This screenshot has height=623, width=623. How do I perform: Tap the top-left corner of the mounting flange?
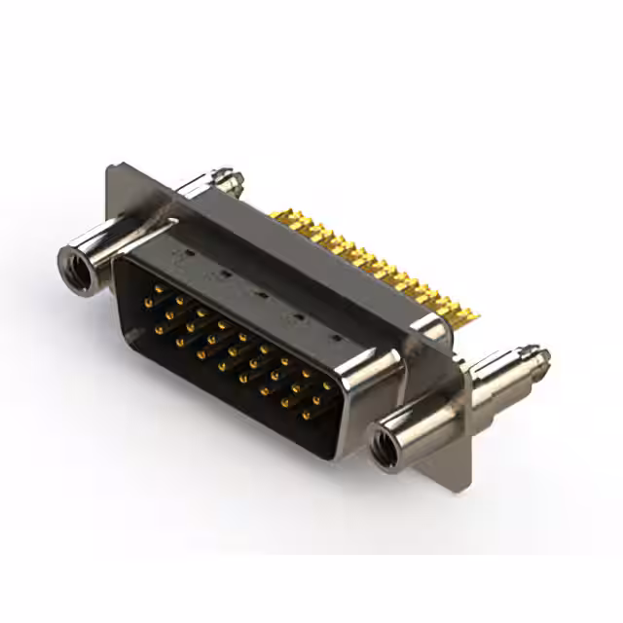tap(110, 167)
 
